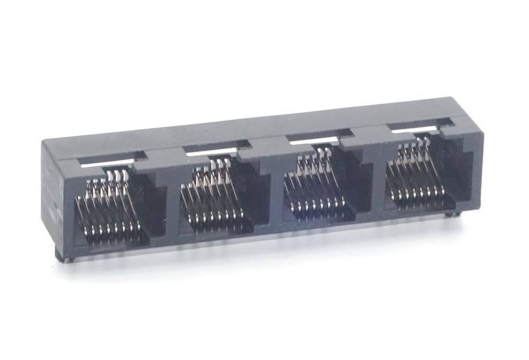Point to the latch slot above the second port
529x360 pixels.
[x=217, y=149]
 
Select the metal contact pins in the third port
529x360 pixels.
[x=315, y=188]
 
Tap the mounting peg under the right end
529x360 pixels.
[x=449, y=214]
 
